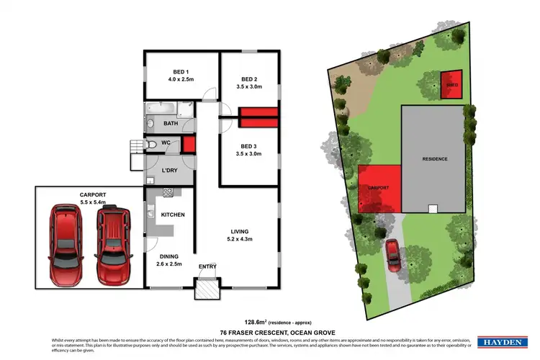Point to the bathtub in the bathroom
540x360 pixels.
click(x=158, y=110)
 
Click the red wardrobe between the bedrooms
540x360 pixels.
click(x=257, y=113)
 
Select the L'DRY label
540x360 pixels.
click(x=170, y=170)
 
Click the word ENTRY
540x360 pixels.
click(x=207, y=267)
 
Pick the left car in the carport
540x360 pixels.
click(x=66, y=245)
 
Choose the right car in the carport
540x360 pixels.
click(x=114, y=245)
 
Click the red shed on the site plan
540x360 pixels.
click(x=451, y=84)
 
